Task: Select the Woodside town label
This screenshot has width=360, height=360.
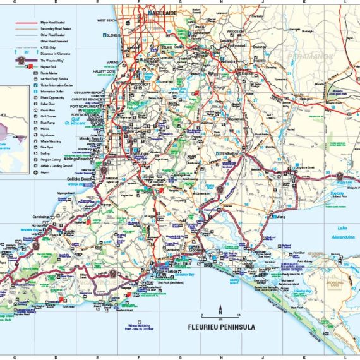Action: (x=235, y=30)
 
